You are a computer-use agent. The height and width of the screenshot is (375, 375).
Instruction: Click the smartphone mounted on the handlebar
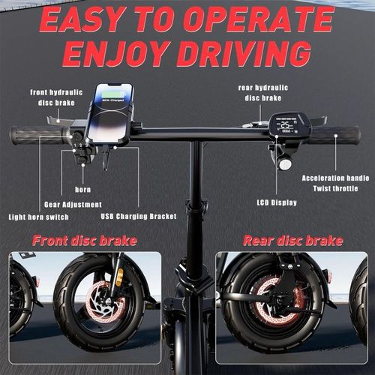(x=112, y=113)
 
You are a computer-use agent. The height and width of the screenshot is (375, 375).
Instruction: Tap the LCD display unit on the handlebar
(x=288, y=125)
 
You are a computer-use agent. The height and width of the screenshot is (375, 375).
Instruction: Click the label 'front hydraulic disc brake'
(x=54, y=97)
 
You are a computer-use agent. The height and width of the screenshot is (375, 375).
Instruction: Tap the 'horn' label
(x=83, y=189)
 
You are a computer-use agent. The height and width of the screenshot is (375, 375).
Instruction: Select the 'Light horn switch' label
(x=39, y=217)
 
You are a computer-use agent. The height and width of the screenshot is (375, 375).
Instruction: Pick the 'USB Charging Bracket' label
(x=139, y=217)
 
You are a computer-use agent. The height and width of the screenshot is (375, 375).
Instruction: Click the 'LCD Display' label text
(x=277, y=202)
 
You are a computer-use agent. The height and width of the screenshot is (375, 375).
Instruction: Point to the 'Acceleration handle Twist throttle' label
(x=334, y=183)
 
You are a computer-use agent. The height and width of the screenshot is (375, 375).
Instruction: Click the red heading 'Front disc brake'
(x=84, y=241)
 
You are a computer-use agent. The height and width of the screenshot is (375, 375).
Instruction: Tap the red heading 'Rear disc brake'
(x=292, y=241)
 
